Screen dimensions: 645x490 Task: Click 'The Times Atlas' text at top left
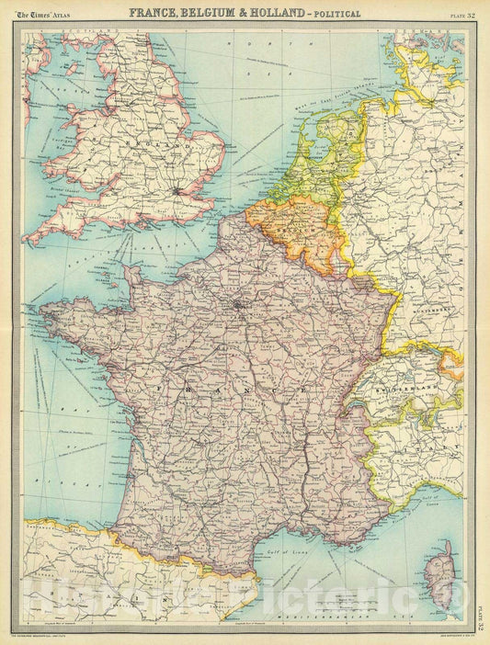pos(46,14)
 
